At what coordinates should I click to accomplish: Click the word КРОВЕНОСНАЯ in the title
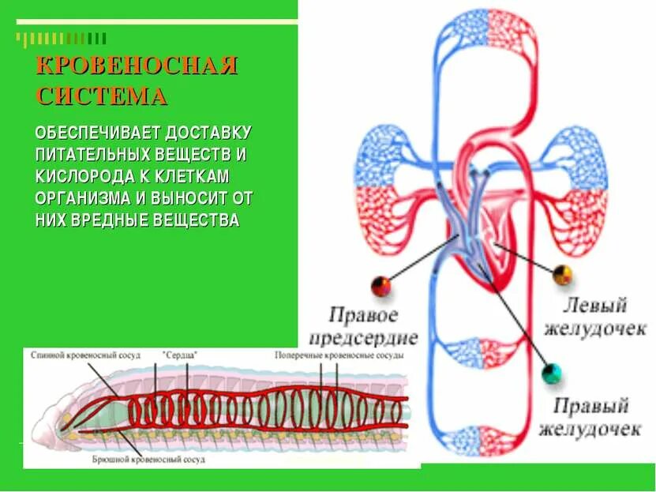pyautogui.click(x=137, y=66)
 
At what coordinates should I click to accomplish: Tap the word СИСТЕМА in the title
pyautogui.click(x=101, y=97)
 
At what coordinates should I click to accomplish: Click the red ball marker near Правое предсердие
pyautogui.click(x=380, y=285)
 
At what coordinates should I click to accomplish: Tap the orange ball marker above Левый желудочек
pyautogui.click(x=562, y=275)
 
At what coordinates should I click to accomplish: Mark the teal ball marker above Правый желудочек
pyautogui.click(x=553, y=373)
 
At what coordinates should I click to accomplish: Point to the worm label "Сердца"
pyautogui.click(x=179, y=356)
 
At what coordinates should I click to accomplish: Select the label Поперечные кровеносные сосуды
pyautogui.click(x=339, y=356)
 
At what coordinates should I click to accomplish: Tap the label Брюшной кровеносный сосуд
pyautogui.click(x=160, y=458)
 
